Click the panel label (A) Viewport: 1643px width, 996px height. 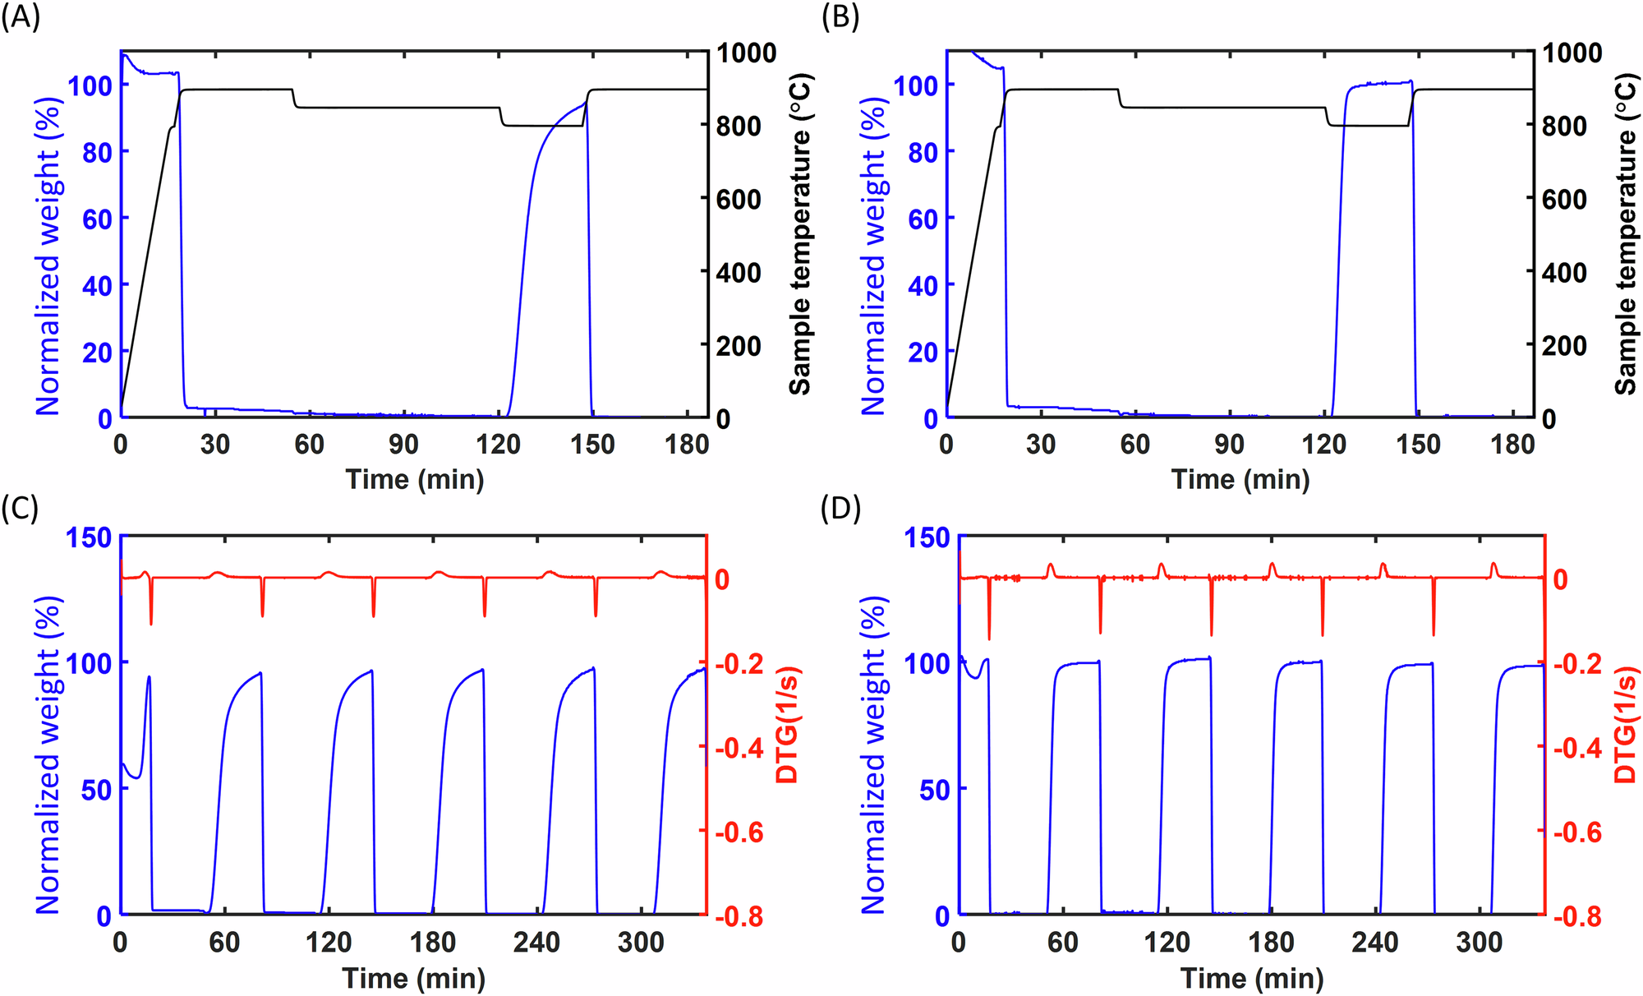point(20,17)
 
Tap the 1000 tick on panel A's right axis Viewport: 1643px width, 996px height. point(746,53)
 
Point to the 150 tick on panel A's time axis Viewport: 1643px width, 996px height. point(592,445)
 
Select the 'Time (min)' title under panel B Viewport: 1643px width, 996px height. point(1240,479)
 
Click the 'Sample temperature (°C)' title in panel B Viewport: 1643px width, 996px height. point(1626,234)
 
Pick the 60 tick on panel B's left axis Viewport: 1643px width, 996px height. point(923,219)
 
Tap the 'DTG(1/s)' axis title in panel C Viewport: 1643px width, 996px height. point(788,725)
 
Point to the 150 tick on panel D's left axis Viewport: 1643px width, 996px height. point(927,537)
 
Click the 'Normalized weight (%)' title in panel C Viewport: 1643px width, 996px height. point(48,755)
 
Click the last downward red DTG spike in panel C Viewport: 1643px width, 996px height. point(596,608)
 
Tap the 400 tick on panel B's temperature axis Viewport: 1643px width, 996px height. point(1564,273)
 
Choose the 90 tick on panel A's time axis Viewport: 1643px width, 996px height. point(403,445)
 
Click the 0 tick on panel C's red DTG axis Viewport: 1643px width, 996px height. point(722,579)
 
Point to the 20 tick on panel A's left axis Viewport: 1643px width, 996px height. point(97,353)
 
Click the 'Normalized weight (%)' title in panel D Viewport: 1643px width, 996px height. point(874,755)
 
